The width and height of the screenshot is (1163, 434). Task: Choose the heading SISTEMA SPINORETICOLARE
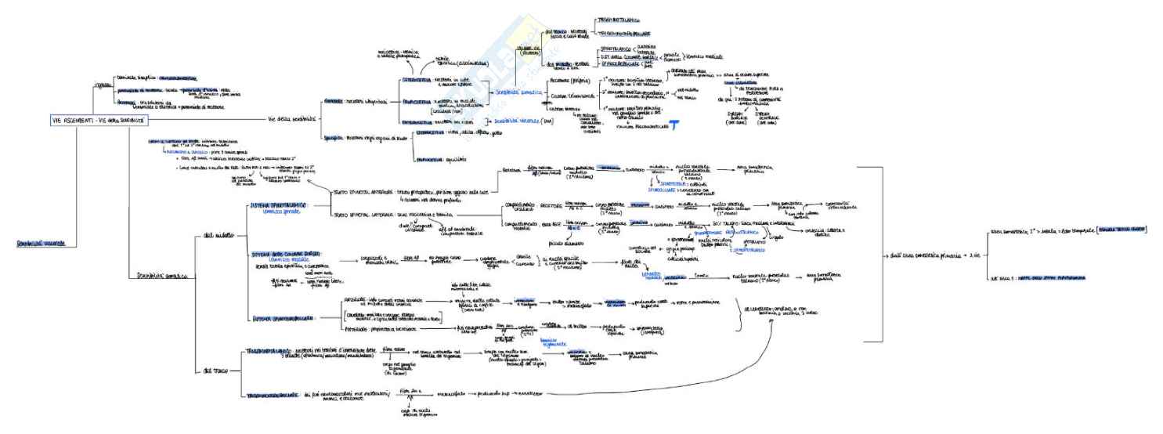click(284, 318)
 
